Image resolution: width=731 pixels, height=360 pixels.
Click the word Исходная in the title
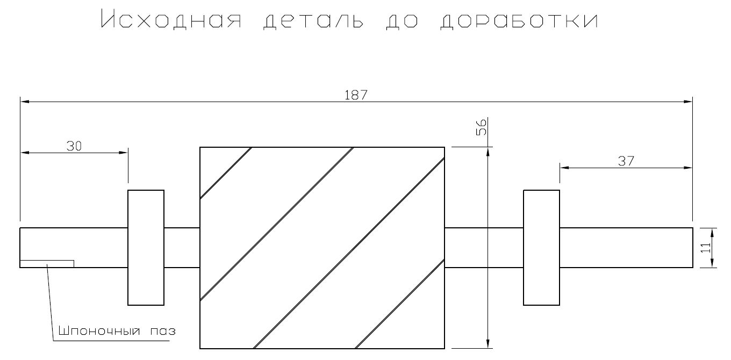171,19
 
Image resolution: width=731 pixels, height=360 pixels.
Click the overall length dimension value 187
356,95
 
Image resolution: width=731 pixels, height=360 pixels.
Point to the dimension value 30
74,146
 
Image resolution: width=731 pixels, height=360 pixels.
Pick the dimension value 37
626,161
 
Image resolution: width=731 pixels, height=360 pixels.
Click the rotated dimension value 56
482,127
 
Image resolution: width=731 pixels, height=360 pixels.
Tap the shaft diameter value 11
706,248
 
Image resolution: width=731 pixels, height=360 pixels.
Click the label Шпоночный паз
117,331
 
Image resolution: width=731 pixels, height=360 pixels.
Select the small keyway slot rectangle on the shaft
47,264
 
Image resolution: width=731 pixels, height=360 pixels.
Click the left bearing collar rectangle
146,248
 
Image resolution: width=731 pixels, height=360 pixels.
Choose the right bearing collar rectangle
541,248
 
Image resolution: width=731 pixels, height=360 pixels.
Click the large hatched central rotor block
322,248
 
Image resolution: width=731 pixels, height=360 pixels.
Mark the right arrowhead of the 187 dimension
688,102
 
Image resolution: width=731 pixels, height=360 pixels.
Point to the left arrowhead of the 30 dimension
25,152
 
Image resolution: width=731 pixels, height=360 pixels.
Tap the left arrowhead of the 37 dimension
565,168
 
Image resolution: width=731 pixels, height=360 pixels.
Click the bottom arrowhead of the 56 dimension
488,344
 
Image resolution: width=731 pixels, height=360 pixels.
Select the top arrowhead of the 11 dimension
712,233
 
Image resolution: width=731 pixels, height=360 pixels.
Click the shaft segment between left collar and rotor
182,248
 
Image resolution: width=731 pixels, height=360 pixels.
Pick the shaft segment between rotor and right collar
484,248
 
